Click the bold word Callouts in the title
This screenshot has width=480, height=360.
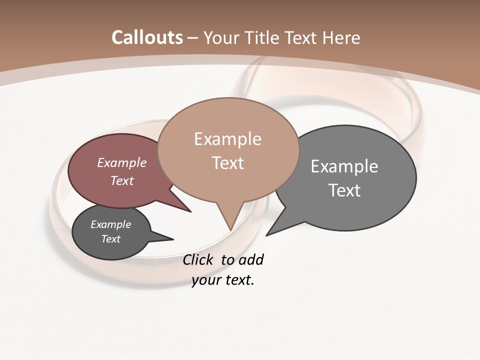pos(147,37)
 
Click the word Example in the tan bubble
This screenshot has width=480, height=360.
pos(227,139)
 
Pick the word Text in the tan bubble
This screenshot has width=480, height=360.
pos(227,162)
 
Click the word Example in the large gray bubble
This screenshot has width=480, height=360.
pos(344,166)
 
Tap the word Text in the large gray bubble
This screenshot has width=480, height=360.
pos(344,190)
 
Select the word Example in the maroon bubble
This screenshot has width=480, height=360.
pos(122,162)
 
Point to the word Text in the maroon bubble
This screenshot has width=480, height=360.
pos(122,180)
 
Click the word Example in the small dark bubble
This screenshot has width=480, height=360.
pos(110,224)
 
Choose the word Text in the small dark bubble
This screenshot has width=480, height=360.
pos(110,239)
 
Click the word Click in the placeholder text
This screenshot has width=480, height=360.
pos(198,260)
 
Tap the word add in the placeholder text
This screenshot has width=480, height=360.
pos(251,260)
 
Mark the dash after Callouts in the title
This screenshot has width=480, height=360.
pos(193,38)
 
